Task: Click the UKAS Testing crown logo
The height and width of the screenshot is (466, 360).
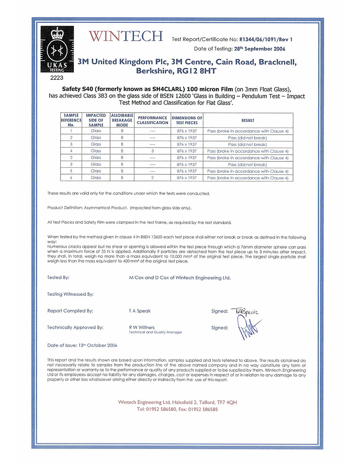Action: [x=57, y=50]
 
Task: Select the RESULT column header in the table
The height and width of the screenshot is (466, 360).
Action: [x=248, y=120]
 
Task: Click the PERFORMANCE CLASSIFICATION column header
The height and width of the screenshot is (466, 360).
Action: [x=152, y=120]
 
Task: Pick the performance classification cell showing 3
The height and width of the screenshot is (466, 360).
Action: [x=152, y=151]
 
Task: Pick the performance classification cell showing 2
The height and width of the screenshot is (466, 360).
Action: [x=152, y=178]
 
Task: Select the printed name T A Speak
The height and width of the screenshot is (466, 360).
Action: [x=139, y=311]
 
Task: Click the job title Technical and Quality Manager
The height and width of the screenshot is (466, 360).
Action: [x=155, y=333]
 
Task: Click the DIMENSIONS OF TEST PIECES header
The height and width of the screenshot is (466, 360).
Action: [x=187, y=120]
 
